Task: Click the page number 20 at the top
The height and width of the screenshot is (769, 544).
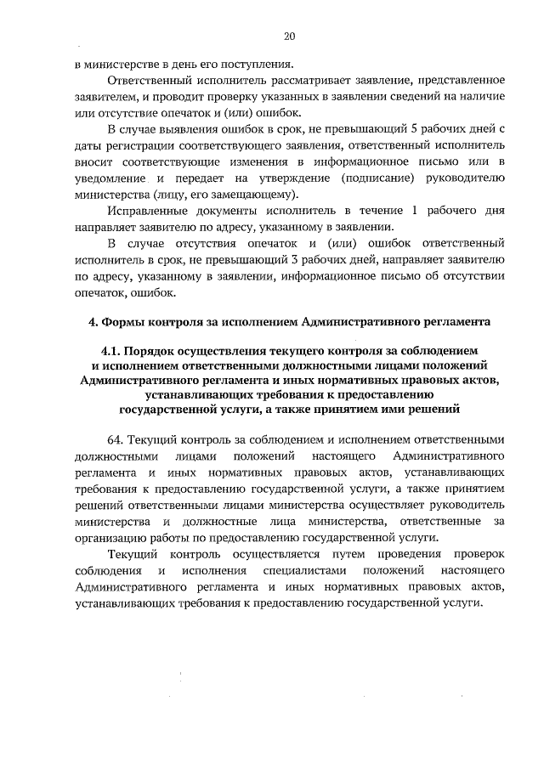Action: coord(289,37)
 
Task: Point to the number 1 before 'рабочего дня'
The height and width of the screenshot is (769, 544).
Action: coord(413,210)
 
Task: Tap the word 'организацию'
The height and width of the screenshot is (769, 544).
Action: coord(108,538)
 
